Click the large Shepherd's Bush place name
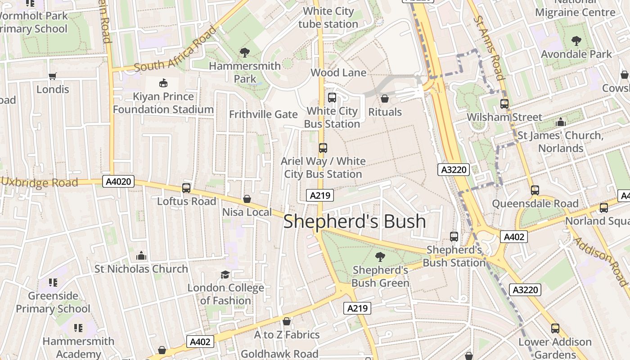(x=355, y=221)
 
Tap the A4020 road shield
(x=119, y=181)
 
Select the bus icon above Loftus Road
(x=186, y=188)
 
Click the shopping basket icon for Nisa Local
(x=247, y=199)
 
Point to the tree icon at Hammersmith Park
(x=244, y=53)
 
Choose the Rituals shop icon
(x=385, y=99)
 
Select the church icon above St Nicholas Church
(x=141, y=256)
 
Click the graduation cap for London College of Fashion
(x=225, y=274)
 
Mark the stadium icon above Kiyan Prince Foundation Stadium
(x=163, y=83)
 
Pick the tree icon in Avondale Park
(x=576, y=41)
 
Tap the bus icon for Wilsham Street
(x=504, y=104)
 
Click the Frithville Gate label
(x=263, y=114)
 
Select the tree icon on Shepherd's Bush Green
(x=380, y=257)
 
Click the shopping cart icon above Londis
(x=53, y=76)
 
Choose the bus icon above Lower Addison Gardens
(x=555, y=328)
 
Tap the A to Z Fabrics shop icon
(x=287, y=321)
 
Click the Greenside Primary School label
(x=53, y=302)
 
